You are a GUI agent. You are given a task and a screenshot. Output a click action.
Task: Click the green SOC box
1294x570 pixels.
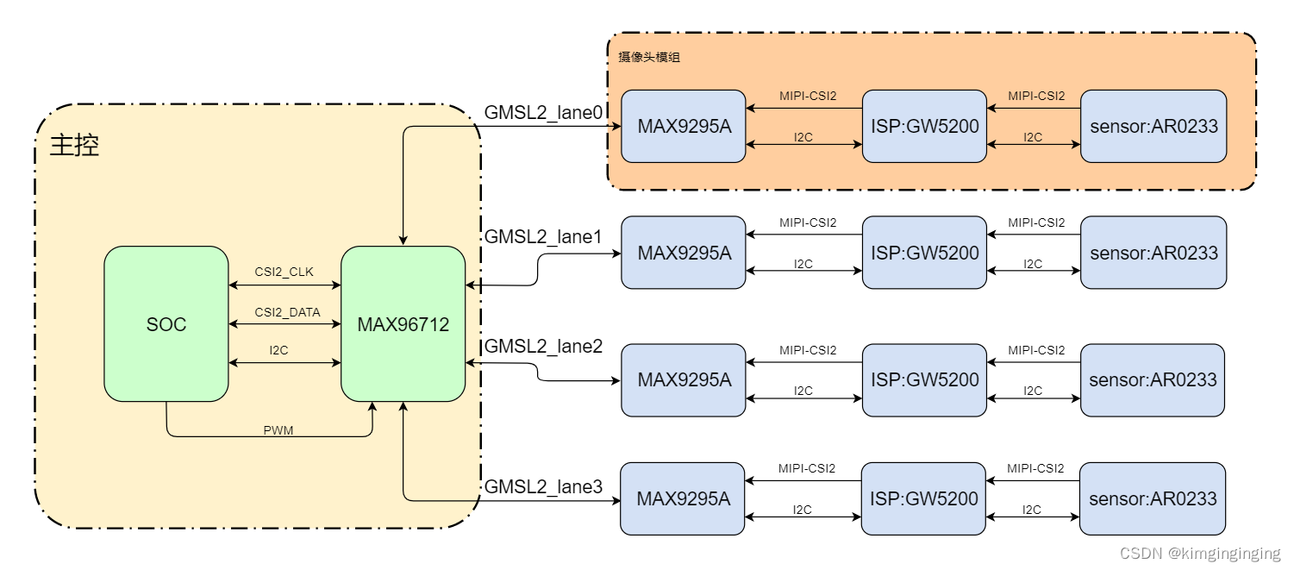(166, 324)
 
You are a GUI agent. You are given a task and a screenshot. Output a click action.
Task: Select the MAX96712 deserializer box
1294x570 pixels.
(403, 324)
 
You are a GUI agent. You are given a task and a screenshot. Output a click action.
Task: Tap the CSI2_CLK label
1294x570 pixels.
(284, 272)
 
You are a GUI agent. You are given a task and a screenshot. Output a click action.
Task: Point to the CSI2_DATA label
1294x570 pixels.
(287, 312)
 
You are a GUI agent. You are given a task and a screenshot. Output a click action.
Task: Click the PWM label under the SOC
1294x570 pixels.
(278, 430)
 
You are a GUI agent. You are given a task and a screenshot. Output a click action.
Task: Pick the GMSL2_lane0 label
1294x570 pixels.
(543, 112)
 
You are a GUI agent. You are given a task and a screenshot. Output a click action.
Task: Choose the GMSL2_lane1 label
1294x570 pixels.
(543, 236)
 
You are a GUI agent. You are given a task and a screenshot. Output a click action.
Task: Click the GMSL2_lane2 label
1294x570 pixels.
(543, 346)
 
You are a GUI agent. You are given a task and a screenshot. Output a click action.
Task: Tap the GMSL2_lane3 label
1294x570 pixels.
(543, 487)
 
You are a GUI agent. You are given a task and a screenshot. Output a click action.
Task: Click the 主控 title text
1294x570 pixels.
(75, 145)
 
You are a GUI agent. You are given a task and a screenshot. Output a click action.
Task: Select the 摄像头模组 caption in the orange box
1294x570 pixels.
(649, 58)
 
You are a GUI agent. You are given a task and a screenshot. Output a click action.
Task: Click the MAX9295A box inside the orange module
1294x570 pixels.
(684, 126)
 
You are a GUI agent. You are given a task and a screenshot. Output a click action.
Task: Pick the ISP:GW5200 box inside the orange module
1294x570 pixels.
(924, 126)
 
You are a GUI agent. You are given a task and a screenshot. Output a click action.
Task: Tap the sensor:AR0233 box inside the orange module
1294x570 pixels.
(1153, 126)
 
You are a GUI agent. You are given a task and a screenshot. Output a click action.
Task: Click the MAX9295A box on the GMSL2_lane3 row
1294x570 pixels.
(683, 498)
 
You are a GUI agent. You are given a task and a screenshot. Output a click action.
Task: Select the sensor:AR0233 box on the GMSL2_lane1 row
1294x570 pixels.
(1153, 253)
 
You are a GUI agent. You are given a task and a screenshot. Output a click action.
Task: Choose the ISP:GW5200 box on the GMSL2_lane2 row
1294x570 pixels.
(923, 379)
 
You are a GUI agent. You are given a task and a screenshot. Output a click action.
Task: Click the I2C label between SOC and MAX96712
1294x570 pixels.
(278, 350)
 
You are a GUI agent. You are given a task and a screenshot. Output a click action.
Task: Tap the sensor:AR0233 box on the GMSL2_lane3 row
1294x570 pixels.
(1153, 498)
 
